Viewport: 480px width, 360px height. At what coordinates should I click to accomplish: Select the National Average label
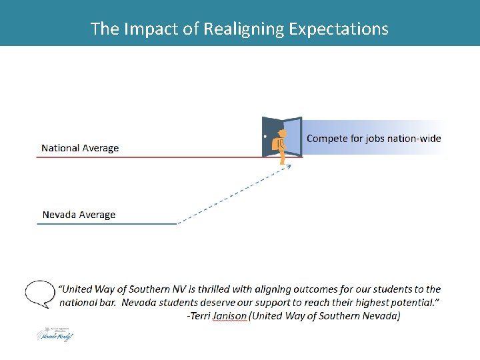coord(80,148)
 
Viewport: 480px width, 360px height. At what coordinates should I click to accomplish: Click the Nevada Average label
coord(79,215)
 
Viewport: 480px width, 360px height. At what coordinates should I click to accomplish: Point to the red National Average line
coord(147,157)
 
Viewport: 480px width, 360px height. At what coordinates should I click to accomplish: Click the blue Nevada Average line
coord(107,224)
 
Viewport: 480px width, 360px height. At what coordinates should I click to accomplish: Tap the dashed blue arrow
coord(233,194)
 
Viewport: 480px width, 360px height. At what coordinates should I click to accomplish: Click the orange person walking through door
coord(282,145)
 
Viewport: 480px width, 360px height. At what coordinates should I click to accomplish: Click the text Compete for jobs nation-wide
coord(373,139)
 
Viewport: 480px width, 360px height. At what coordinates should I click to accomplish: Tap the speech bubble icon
coord(39,293)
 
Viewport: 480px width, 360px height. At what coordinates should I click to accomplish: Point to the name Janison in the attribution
coord(229,316)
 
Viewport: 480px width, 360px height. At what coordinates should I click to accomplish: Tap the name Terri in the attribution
coord(199,316)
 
